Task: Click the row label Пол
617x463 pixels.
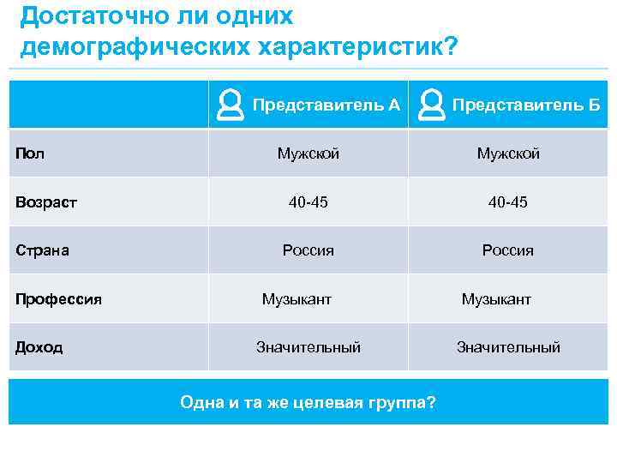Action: click(30, 154)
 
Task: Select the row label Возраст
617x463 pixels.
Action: click(46, 203)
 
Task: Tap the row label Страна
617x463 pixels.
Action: click(42, 251)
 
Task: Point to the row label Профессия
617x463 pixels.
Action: click(58, 299)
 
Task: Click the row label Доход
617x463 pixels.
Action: click(39, 347)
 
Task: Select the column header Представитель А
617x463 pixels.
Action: click(326, 105)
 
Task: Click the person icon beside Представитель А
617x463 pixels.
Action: click(230, 105)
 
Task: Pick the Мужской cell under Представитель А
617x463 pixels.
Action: click(308, 154)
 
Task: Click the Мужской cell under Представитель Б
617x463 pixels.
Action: click(508, 154)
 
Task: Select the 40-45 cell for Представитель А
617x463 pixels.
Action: click(308, 203)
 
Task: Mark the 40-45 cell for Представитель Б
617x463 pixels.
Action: click(508, 203)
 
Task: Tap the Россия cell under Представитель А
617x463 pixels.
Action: click(308, 251)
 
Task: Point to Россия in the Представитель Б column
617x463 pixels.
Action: click(508, 251)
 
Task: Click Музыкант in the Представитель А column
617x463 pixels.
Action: click(297, 299)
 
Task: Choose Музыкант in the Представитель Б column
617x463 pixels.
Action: click(496, 299)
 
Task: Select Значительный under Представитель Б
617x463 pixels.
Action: click(508, 347)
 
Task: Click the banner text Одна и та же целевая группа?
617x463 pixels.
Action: click(308, 402)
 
